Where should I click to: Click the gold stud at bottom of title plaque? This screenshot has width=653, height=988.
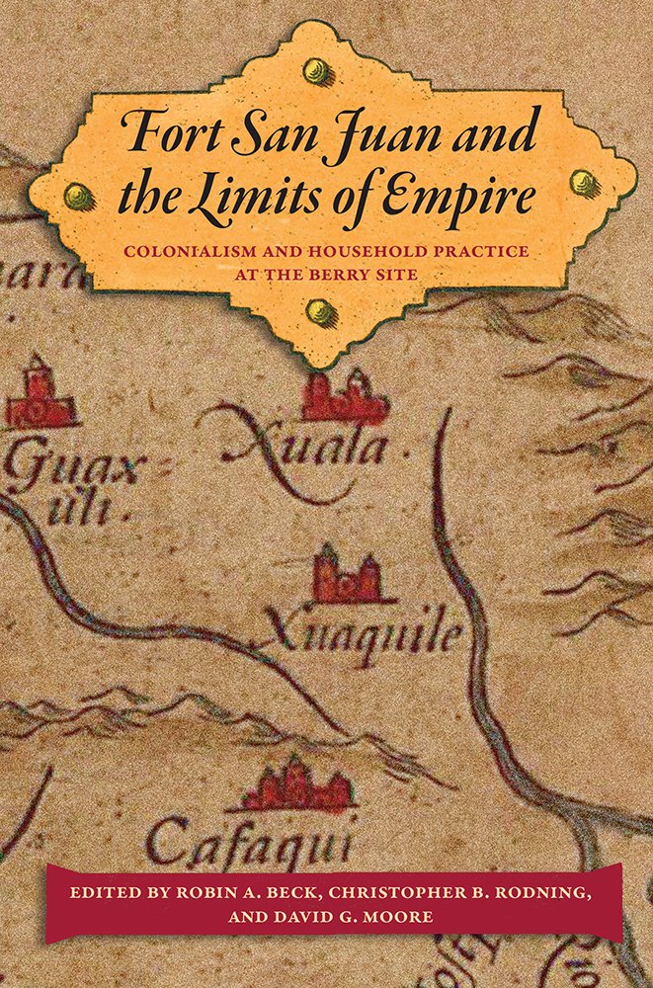click(x=318, y=313)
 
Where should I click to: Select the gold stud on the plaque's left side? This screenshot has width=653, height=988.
click(x=72, y=195)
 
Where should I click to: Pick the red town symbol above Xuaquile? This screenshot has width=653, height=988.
click(x=347, y=576)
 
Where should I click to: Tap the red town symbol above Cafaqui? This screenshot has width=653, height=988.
click(x=296, y=784)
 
